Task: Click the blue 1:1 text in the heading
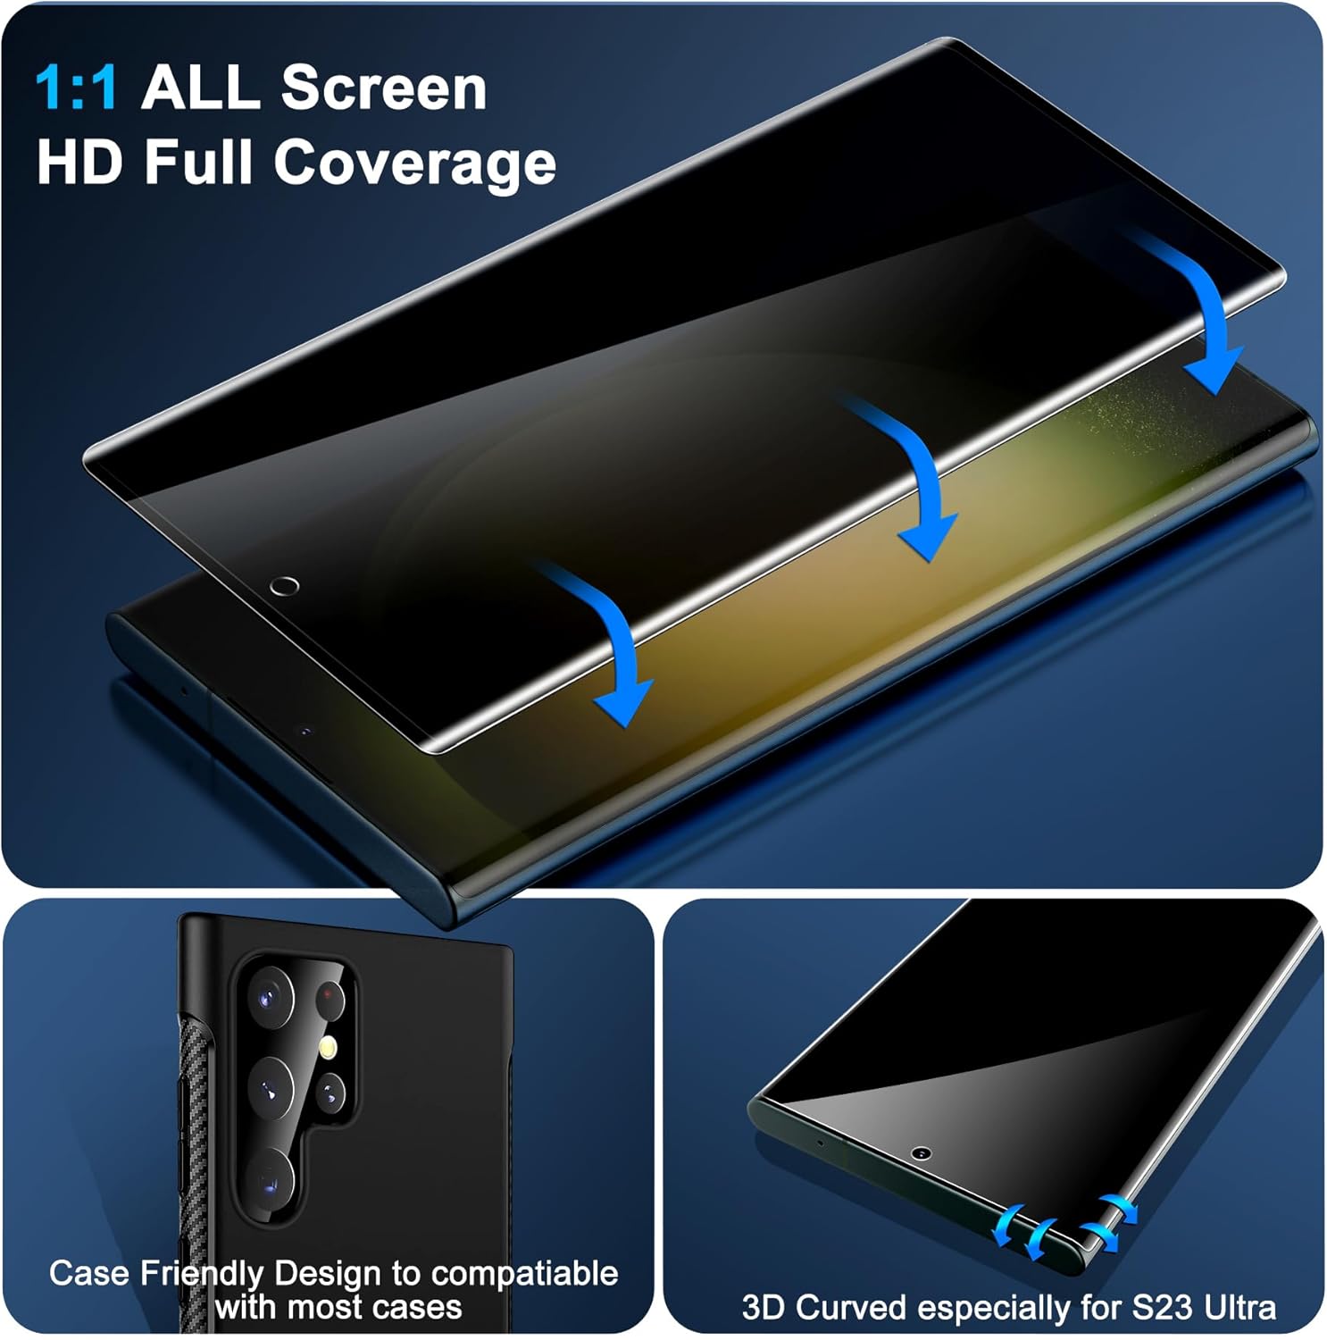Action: [76, 88]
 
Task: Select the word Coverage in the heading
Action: [415, 164]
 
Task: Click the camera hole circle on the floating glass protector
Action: [284, 586]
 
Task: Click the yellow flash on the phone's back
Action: [329, 1046]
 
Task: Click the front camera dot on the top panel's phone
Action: [306, 731]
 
